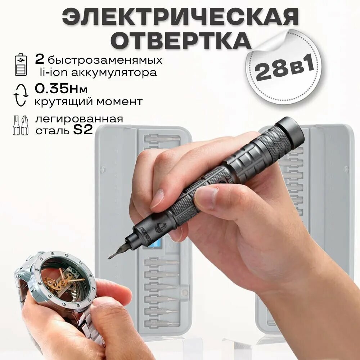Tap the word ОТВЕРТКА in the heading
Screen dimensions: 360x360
(180, 40)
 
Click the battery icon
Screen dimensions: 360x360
(21, 65)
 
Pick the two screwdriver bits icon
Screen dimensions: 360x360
(21, 125)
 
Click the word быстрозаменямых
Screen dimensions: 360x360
(104, 60)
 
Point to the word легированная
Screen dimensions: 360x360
(79, 119)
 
